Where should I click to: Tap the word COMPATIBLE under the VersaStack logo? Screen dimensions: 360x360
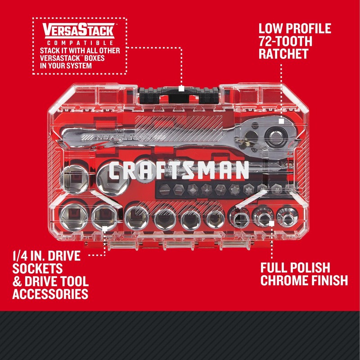tap(79, 42)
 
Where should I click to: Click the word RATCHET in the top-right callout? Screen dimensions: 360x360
tap(283, 54)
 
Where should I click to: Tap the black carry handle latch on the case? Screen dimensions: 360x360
tap(180, 93)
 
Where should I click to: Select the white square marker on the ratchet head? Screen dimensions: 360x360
tap(280, 121)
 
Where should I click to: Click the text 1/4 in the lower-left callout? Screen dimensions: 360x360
tap(21, 256)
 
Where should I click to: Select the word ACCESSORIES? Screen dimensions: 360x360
tap(50, 294)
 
